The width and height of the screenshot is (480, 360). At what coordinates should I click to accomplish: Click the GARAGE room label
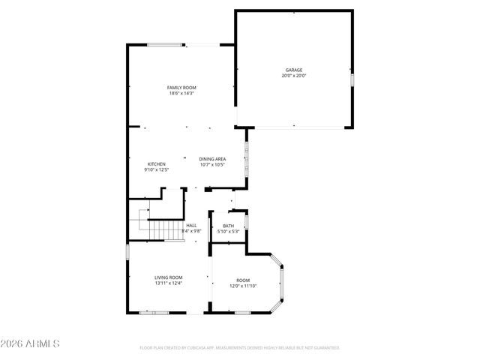294,70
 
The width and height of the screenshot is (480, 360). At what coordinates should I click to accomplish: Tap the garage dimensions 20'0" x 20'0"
294,76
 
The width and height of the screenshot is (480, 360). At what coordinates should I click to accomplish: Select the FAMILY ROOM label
181,88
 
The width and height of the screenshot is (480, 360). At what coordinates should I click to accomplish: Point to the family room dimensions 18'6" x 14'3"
181,94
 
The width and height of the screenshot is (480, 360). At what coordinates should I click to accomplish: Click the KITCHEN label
156,164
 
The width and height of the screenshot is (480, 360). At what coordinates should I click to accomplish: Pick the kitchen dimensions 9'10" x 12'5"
156,170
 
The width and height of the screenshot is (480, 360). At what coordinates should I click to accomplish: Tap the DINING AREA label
212,159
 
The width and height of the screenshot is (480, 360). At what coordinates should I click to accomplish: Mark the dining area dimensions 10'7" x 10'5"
212,165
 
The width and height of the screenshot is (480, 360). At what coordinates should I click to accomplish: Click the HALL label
191,226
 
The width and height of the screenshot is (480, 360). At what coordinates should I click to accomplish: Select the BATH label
228,226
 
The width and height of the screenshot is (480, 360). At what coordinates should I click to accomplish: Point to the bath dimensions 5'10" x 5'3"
228,232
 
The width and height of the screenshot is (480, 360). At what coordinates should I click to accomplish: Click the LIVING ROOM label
169,277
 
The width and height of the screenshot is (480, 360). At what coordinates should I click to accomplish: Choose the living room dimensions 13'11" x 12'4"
169,283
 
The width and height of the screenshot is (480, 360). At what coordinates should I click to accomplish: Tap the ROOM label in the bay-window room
243,280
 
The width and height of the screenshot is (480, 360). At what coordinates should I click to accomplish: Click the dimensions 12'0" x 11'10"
243,286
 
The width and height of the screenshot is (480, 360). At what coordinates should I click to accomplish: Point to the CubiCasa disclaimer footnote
240,348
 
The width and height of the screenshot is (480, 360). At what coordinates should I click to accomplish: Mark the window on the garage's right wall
352,78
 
